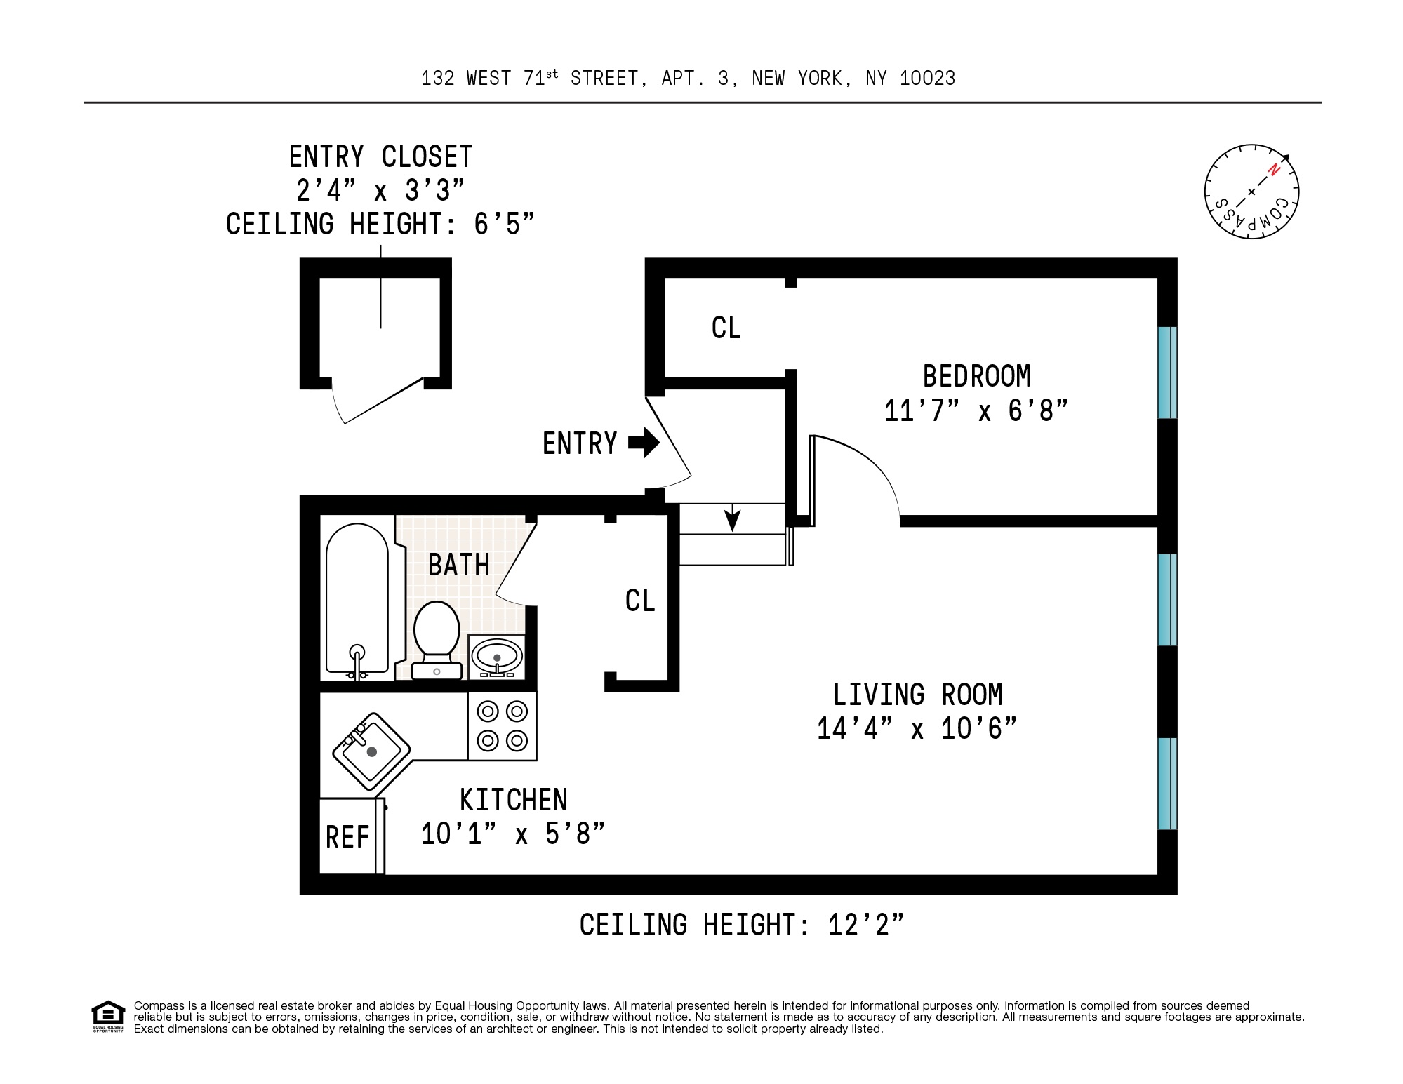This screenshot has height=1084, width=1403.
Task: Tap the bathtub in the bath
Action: [357, 601]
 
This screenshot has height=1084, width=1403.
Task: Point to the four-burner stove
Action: [503, 726]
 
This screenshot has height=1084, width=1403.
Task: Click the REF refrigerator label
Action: [347, 837]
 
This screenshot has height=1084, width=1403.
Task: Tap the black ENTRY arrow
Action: [643, 443]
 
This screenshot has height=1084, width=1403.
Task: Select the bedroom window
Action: [1166, 373]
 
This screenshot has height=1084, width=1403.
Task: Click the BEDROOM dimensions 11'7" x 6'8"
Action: [976, 411]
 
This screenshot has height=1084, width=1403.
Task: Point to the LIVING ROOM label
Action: [917, 695]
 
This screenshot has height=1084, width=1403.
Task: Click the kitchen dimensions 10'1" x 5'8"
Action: [512, 834]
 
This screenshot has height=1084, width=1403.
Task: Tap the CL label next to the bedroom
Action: [726, 328]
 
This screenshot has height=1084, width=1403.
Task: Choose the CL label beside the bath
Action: [639, 601]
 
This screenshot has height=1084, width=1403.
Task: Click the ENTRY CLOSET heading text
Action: [380, 156]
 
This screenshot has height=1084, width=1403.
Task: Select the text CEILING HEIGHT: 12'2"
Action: [741, 925]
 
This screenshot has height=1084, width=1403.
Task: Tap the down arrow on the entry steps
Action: [732, 519]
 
